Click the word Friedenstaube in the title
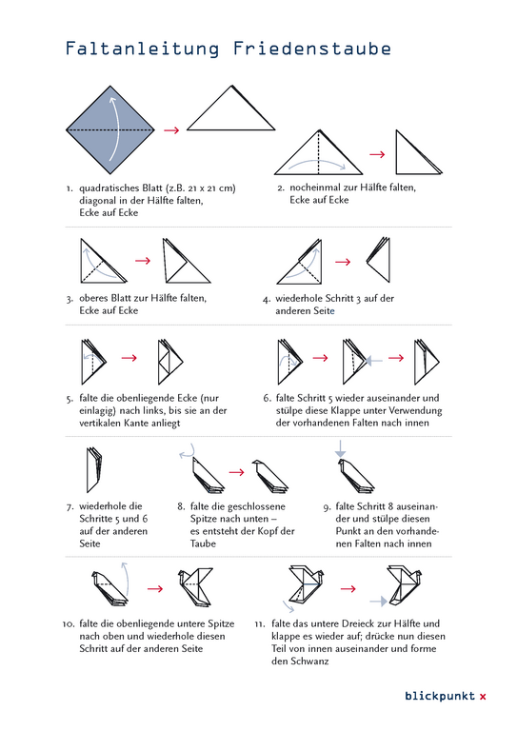312,49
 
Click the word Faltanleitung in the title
142,49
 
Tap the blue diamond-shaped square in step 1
110,130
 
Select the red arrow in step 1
171,130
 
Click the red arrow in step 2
377,154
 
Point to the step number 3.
70,299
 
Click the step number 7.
70,507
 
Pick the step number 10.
68,623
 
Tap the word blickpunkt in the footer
440,696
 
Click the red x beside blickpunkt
483,697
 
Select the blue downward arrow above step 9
341,448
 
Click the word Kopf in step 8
268,531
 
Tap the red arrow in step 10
155,589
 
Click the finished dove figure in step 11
405,585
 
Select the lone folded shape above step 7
93,469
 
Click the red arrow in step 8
237,472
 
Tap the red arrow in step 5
129,358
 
